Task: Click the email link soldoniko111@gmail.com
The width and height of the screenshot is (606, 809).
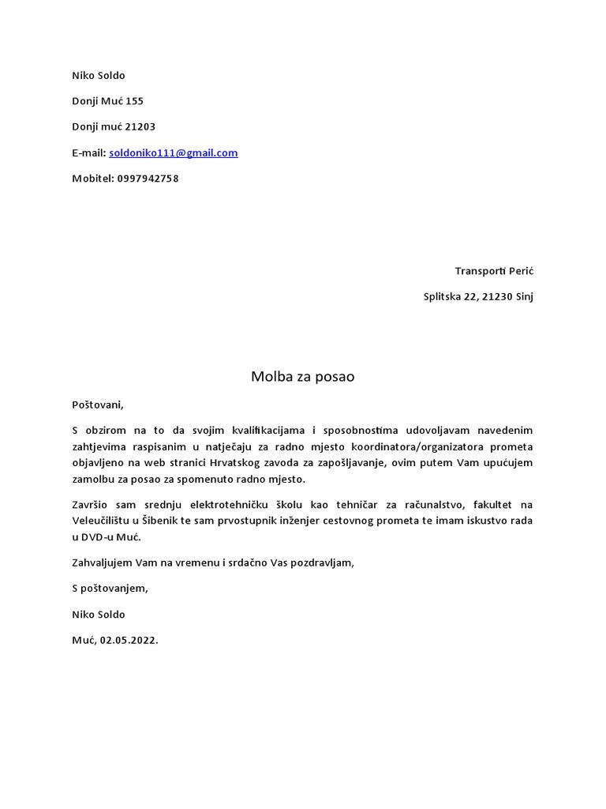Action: [x=173, y=152]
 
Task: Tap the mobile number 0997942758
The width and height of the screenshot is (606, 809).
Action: [x=148, y=179]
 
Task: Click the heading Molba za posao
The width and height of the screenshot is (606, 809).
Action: [x=302, y=377]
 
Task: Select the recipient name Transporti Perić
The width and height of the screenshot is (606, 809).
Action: [x=494, y=271]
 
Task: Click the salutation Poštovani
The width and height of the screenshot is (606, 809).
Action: [x=98, y=404]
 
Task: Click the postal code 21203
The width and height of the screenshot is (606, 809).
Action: [x=140, y=127]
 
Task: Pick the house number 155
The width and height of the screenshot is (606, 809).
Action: [x=135, y=101]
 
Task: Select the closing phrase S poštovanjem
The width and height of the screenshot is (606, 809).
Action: [x=110, y=588]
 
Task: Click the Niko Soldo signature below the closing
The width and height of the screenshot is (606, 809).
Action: [x=99, y=614]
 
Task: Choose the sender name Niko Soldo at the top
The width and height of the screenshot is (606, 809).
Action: [x=99, y=76]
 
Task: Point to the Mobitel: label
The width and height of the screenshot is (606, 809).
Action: [x=93, y=179]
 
